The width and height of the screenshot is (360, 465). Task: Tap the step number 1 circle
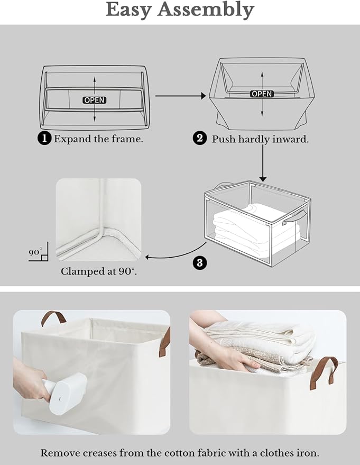tap(44, 139)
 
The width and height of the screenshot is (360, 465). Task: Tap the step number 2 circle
tap(199, 139)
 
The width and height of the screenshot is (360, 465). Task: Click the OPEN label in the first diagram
tap(94, 100)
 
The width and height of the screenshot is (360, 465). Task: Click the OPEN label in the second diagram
tap(262, 94)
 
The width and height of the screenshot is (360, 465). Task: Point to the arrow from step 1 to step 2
tap(180, 96)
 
